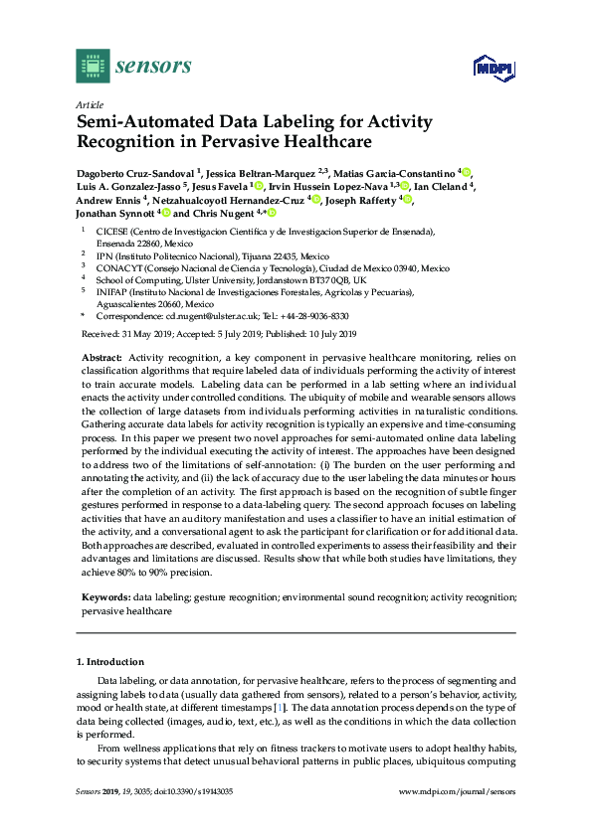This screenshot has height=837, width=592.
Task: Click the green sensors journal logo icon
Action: click(93, 66)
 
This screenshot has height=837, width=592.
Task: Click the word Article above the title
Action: click(90, 103)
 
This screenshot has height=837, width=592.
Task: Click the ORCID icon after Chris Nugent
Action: click(270, 213)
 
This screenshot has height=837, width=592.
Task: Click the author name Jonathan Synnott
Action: click(115, 213)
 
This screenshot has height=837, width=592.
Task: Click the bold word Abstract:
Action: click(99, 357)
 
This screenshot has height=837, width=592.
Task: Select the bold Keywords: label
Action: click(104, 596)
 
